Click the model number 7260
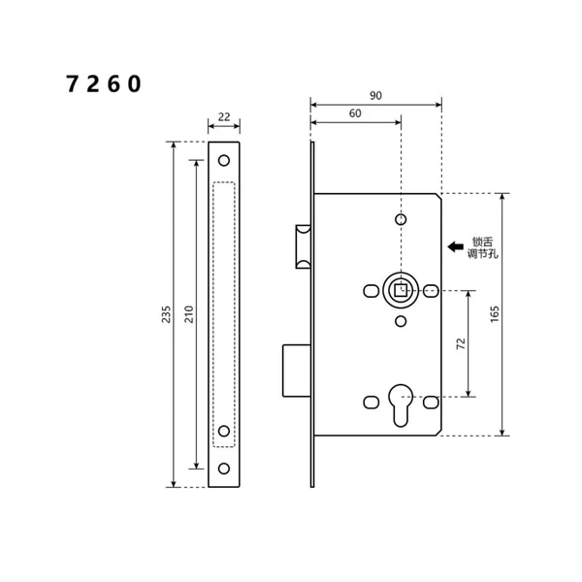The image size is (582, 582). point(104,84)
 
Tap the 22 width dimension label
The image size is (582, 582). point(224,116)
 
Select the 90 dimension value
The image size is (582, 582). point(375,95)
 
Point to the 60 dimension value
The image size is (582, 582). point(354,113)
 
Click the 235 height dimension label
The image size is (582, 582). point(166,314)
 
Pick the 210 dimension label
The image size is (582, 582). point(189,314)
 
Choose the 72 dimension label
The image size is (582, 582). point(461,342)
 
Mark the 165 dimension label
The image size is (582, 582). point(495,314)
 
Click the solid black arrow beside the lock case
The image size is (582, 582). point(455,246)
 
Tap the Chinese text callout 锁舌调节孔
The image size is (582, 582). point(482,247)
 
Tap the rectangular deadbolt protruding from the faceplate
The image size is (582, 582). point(297,370)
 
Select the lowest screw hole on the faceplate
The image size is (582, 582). point(224,469)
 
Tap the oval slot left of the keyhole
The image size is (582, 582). point(371,401)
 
